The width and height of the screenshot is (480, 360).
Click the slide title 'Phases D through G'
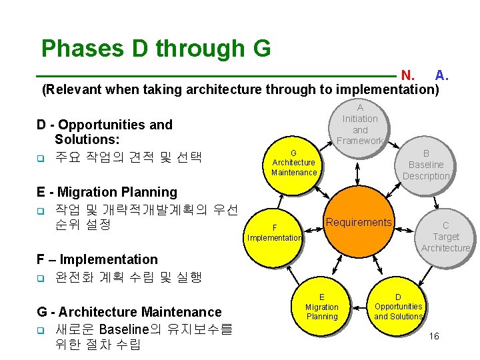[155, 49]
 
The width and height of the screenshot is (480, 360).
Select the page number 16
[434, 337]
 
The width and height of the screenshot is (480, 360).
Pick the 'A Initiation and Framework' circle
[360, 125]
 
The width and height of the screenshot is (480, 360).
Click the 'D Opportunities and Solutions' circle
[398, 307]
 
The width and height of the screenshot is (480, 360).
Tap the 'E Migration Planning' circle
[321, 307]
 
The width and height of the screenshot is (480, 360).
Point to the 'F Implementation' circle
[275, 233]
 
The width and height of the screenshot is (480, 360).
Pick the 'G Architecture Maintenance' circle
[294, 163]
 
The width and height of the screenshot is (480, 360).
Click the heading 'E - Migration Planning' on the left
[107, 192]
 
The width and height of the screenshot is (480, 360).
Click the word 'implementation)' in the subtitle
[387, 89]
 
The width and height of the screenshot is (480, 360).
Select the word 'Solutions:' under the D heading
[87, 139]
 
